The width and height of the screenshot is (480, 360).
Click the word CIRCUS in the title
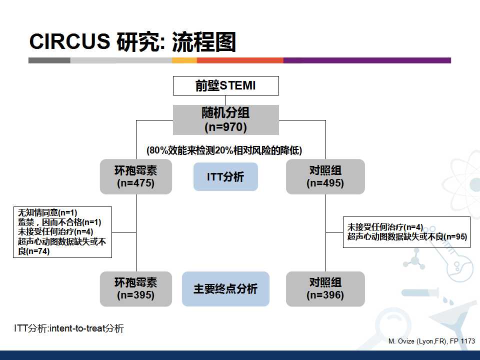pyautogui.click(x=69, y=42)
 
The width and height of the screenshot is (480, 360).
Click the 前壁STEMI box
pyautogui.click(x=225, y=85)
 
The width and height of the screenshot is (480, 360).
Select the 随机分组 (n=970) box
pyautogui.click(x=225, y=120)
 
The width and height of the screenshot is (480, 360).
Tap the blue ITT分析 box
pyautogui.click(x=225, y=176)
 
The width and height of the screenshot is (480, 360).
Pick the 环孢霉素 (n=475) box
pyautogui.click(x=136, y=176)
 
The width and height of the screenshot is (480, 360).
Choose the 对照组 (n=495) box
pyautogui.click(x=325, y=176)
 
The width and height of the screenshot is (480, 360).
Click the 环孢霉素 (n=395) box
pyautogui.click(x=136, y=288)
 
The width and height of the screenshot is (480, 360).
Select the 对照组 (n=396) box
pyautogui.click(x=325, y=288)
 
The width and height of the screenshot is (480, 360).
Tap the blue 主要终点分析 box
pyautogui.click(x=225, y=288)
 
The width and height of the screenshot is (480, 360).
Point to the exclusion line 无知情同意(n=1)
pyautogui.click(x=47, y=212)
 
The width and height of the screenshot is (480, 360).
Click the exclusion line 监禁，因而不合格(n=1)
pyautogui.click(x=59, y=222)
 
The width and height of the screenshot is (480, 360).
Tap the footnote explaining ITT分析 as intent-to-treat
pyautogui.click(x=69, y=328)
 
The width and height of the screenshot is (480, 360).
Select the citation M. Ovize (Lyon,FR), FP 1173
pyautogui.click(x=431, y=341)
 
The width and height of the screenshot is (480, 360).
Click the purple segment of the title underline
pyautogui.click(x=367, y=60)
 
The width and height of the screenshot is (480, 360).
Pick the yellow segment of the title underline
pyautogui.click(x=184, y=60)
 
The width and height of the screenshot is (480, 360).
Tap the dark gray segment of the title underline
pyautogui.click(x=49, y=60)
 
